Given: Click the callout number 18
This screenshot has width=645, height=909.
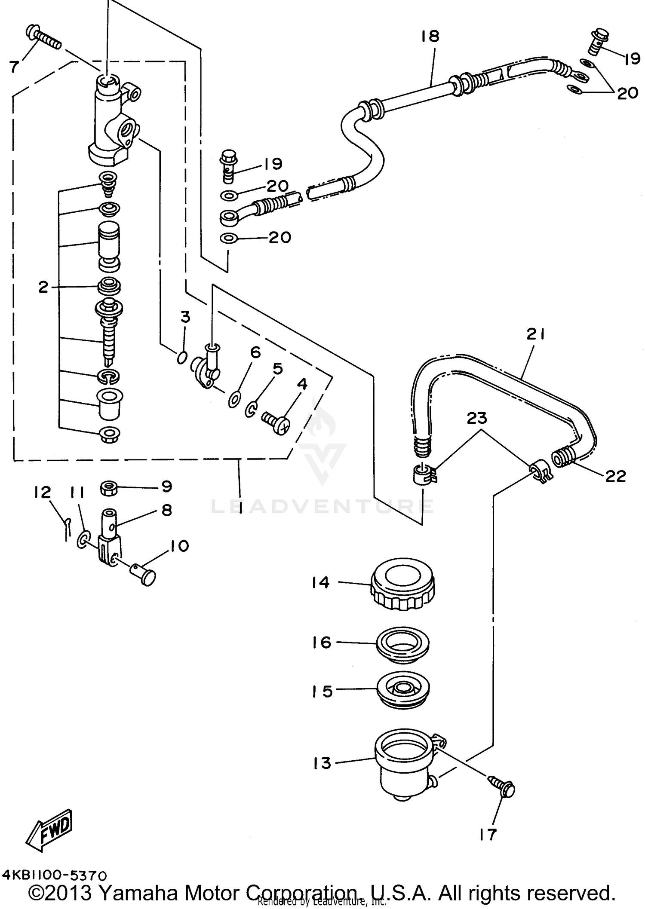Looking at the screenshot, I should pyautogui.click(x=430, y=37).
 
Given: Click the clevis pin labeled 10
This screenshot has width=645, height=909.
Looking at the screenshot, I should pyautogui.click(x=143, y=574).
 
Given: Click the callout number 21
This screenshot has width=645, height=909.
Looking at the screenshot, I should pyautogui.click(x=536, y=334).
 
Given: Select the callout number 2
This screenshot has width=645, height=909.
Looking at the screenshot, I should pyautogui.click(x=43, y=287).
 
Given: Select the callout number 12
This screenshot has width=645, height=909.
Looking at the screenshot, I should pyautogui.click(x=43, y=493).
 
